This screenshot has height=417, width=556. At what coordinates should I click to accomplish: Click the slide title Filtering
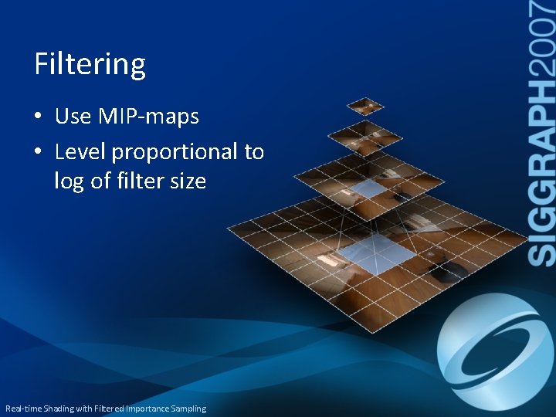pyautogui.click(x=90, y=64)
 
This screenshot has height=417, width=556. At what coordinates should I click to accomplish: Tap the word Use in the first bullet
pyautogui.click(x=73, y=117)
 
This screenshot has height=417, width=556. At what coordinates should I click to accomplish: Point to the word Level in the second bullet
pyautogui.click(x=80, y=151)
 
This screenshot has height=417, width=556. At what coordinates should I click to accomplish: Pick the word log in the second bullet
pyautogui.click(x=67, y=181)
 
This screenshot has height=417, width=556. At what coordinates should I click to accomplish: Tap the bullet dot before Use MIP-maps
pyautogui.click(x=39, y=117)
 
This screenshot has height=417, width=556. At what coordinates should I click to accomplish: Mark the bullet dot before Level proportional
pyautogui.click(x=39, y=152)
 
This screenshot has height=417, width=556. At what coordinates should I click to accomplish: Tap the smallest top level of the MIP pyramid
pyautogui.click(x=364, y=105)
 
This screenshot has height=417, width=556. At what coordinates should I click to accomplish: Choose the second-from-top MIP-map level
pyautogui.click(x=365, y=137)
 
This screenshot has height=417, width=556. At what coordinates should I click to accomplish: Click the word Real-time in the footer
pyautogui.click(x=23, y=409)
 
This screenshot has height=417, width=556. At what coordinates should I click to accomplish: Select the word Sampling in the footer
pyautogui.click(x=188, y=409)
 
